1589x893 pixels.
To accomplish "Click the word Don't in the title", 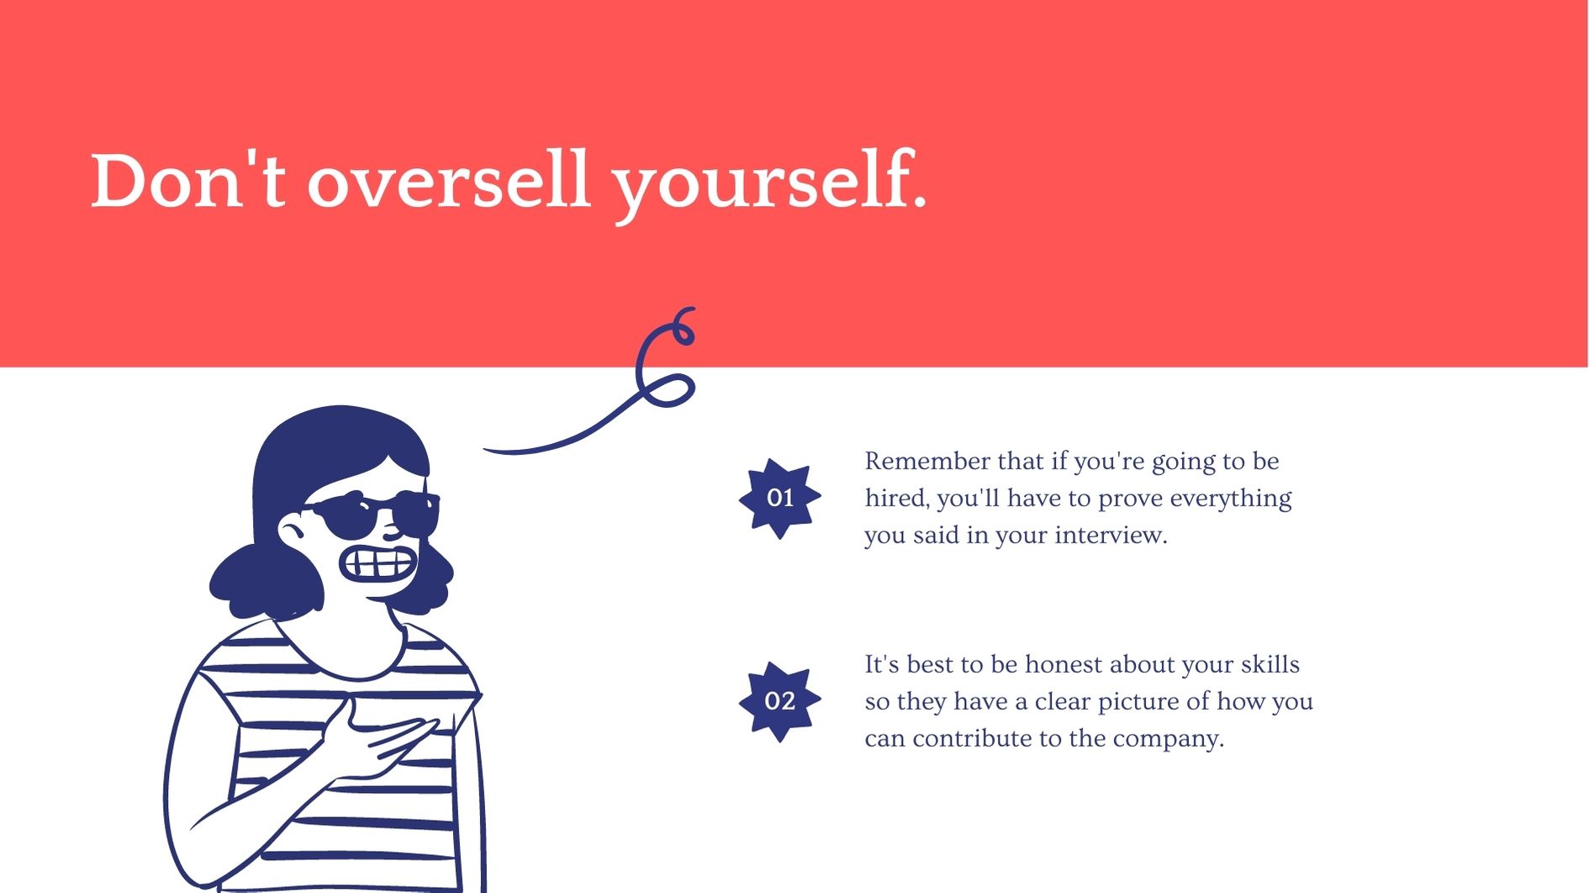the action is (188, 180).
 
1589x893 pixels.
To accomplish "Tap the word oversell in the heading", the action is (448, 180).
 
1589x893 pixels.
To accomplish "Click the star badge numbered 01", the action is (780, 498).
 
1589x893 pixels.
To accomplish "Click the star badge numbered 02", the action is (780, 701).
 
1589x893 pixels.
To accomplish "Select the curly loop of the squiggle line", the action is (666, 357).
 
